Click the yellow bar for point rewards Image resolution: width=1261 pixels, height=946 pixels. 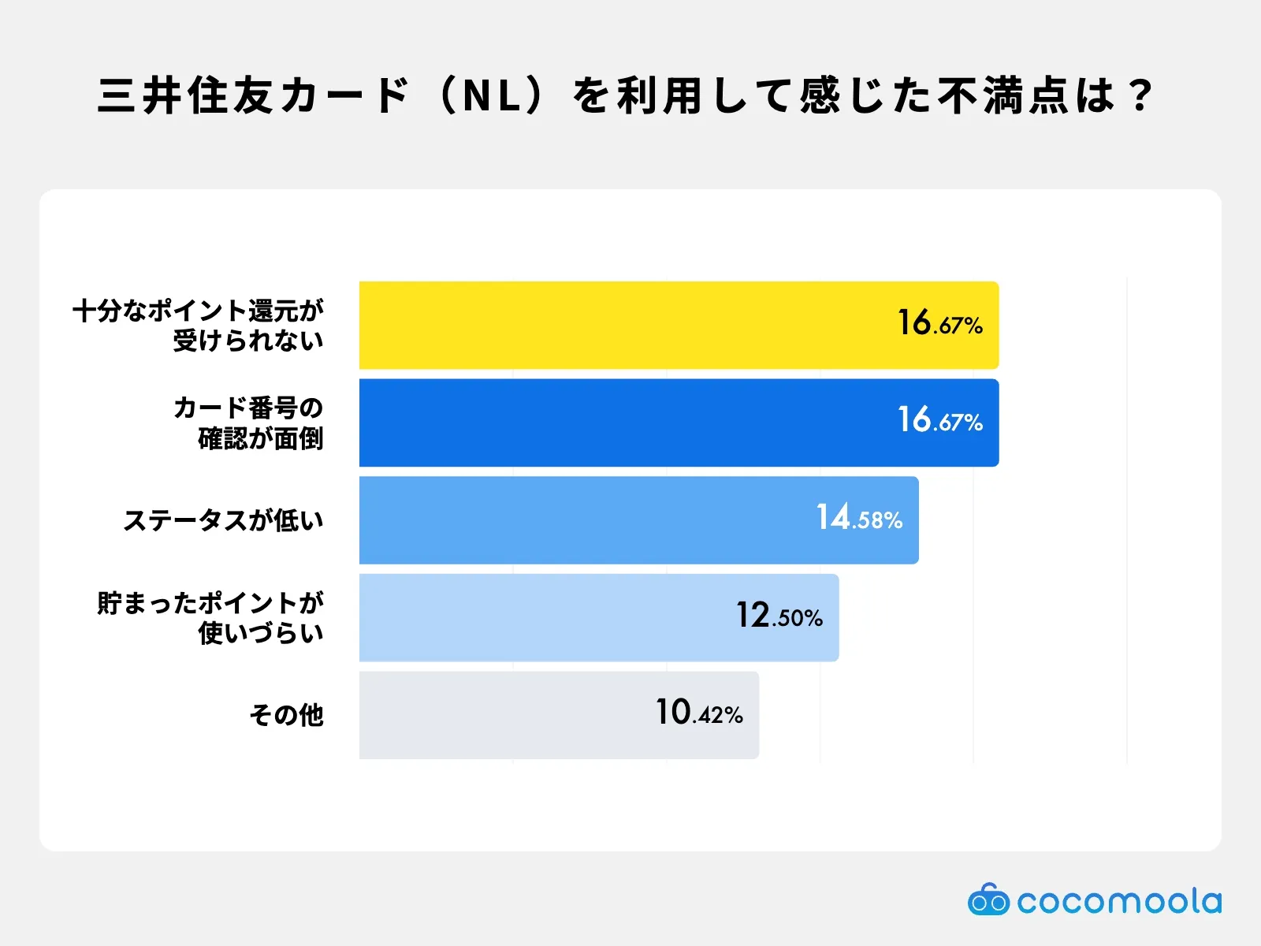pos(679,325)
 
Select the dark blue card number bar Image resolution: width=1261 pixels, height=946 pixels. pos(679,423)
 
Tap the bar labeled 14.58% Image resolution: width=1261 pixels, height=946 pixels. pos(639,520)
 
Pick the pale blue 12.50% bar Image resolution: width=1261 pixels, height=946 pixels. pos(599,617)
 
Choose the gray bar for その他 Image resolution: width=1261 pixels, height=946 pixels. pos(559,715)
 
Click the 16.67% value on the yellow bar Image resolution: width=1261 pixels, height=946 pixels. pos(940,322)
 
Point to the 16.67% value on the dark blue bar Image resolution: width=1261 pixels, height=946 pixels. pos(940,419)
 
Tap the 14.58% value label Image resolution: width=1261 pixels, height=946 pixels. pos(859,516)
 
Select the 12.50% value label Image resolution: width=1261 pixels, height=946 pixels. pos(779,615)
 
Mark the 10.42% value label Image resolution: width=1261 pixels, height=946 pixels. pos(699,712)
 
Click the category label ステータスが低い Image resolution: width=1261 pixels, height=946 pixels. pos(224,520)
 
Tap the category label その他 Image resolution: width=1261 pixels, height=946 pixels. pos(286,715)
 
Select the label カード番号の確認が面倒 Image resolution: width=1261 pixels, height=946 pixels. pos(249,423)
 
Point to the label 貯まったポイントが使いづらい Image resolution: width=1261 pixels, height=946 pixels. pos(211,618)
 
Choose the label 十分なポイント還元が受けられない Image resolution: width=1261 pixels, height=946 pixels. pos(198,325)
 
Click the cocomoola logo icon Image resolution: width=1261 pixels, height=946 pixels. pos(988,899)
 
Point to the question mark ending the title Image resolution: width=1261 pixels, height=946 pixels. pos(1140,96)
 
